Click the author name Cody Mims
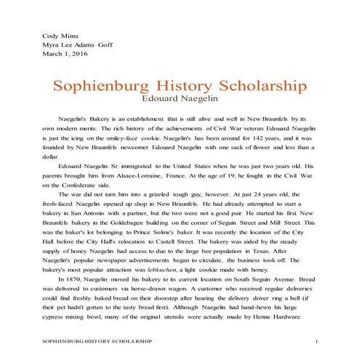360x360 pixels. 60,34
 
